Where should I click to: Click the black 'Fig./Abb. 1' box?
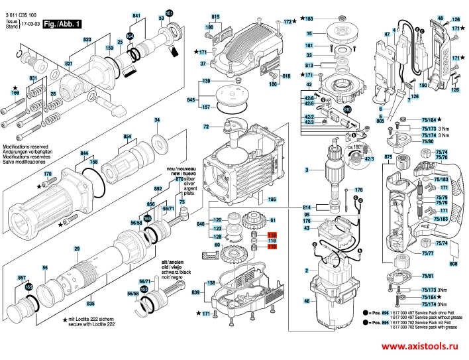pyautogui.click(x=63, y=23)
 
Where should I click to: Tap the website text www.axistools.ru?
pyautogui.click(x=419, y=346)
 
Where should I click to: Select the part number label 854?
pyautogui.click(x=128, y=137)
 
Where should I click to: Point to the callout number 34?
pyautogui.click(x=157, y=120)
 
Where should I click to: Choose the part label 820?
pyautogui.click(x=87, y=40)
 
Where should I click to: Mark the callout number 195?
pyautogui.click(x=272, y=199)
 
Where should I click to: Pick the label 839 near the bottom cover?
pyautogui.click(x=196, y=292)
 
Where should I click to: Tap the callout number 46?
pyautogui.click(x=307, y=302)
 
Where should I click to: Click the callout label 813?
pyautogui.click(x=309, y=65)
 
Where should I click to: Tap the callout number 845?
pyautogui.click(x=191, y=99)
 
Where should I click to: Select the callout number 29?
pyautogui.click(x=77, y=249)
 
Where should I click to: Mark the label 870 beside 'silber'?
pyautogui.click(x=179, y=179)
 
